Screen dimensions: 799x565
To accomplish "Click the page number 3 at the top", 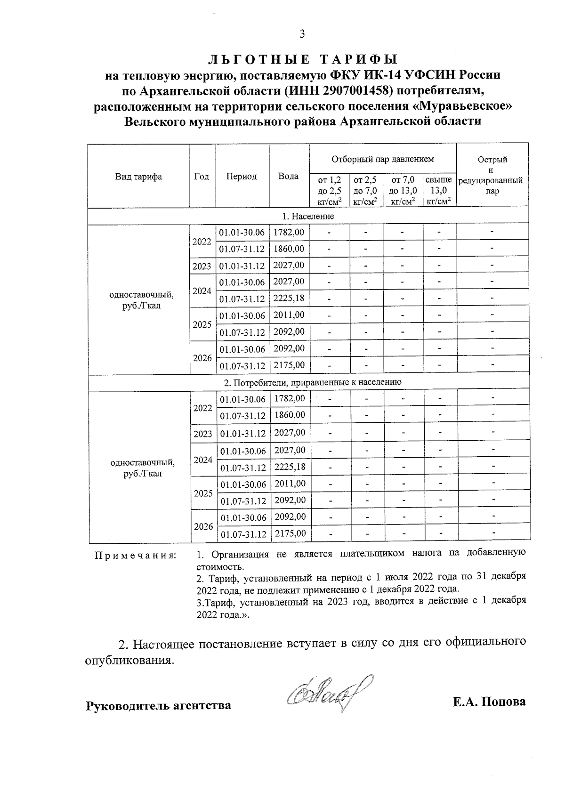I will click(302, 33).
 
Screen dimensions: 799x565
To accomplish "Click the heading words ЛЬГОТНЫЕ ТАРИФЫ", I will click(303, 59).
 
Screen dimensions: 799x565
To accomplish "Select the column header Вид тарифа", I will click(138, 177).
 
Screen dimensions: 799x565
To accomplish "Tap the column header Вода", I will click(288, 176).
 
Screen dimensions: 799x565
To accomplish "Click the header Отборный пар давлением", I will click(382, 159).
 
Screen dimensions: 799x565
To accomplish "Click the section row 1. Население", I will click(308, 216).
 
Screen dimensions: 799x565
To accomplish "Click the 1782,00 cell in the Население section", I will click(289, 232).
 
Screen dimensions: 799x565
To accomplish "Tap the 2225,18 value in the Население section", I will click(289, 299).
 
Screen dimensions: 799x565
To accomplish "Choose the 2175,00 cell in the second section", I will click(290, 533).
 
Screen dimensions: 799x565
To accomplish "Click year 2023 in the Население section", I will click(202, 266).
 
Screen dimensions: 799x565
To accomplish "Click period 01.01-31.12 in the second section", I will click(242, 433).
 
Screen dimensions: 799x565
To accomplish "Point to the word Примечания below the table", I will click(136, 556).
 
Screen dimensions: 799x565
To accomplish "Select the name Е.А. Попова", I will click(489, 702).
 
